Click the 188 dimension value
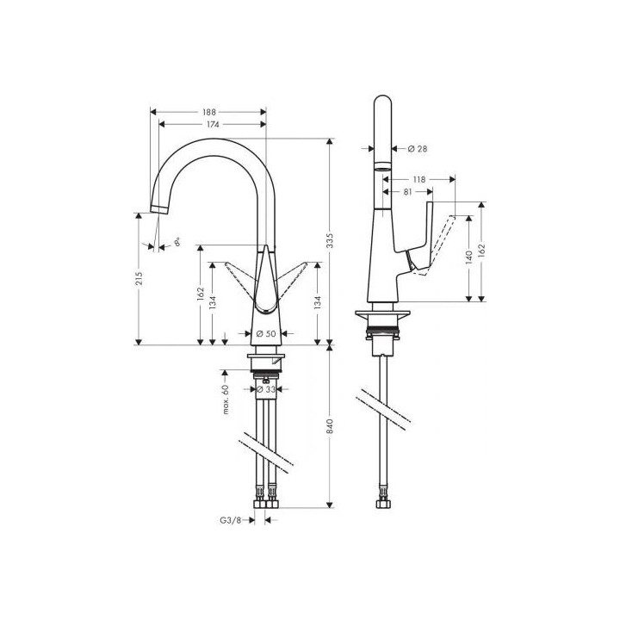[x=209, y=112]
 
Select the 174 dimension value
[x=209, y=125]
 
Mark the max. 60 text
[x=225, y=400]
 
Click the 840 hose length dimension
[x=331, y=426]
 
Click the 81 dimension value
[x=406, y=192]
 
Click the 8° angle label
[x=177, y=244]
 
